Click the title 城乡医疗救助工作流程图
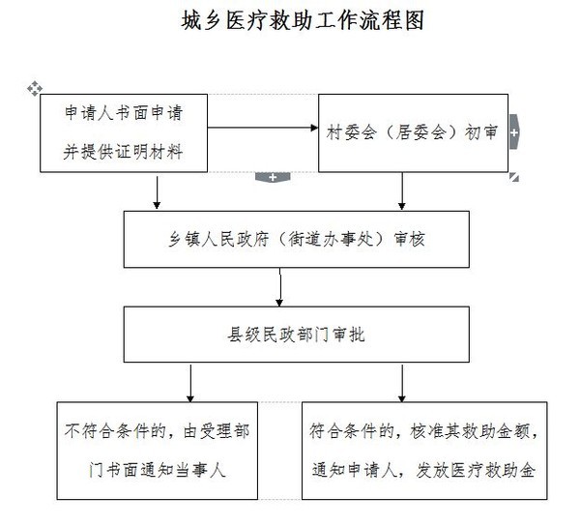click(303, 20)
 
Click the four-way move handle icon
click(35, 88)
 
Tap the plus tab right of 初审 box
click(514, 132)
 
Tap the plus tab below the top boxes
click(273, 177)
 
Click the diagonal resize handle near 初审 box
click(514, 177)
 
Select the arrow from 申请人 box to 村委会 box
click(263, 128)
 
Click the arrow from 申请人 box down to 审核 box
click(157, 192)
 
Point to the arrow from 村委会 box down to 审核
click(402, 191)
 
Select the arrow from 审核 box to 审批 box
click(280, 287)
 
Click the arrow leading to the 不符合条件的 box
click(190, 384)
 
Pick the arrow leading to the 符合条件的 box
click(402, 384)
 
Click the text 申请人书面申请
click(124, 112)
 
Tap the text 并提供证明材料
click(123, 152)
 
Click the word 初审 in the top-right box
click(480, 132)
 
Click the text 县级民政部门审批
click(296, 335)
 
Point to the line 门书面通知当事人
click(157, 470)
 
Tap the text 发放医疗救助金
click(476, 470)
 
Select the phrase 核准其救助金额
click(470, 430)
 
